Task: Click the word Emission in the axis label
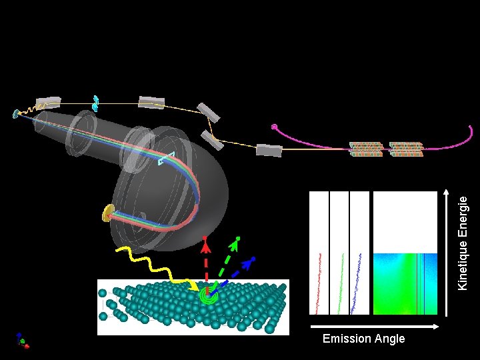point(343,339)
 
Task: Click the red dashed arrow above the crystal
point(207,263)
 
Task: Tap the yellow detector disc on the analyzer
point(107,213)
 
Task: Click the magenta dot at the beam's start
point(274,127)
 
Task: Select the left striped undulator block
point(366,149)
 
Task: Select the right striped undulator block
point(406,149)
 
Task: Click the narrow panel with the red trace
point(320,253)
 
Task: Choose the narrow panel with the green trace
point(340,253)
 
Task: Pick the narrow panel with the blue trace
point(359,253)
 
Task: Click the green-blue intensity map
point(405,283)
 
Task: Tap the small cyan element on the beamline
point(96,103)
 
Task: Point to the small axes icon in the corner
point(22,341)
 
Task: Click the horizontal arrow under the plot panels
point(373,326)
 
